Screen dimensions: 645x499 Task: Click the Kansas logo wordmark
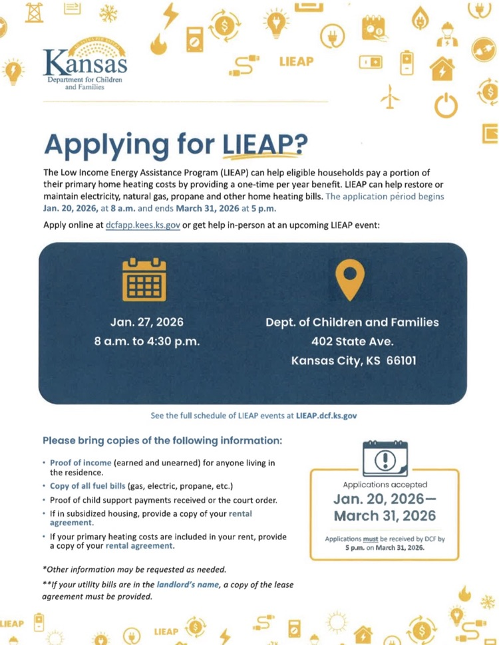click(86, 63)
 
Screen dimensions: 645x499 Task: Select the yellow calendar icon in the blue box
click(144, 279)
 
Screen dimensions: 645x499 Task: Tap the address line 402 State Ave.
click(352, 342)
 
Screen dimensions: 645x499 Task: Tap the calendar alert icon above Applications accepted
click(386, 457)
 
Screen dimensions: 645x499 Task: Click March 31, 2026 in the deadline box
click(385, 515)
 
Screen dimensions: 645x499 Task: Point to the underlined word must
click(370, 539)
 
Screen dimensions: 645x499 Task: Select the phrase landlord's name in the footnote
click(188, 584)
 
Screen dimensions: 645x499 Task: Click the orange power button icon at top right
click(446, 105)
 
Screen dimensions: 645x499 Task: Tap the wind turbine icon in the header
click(390, 98)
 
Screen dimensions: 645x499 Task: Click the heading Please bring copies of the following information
click(162, 440)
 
